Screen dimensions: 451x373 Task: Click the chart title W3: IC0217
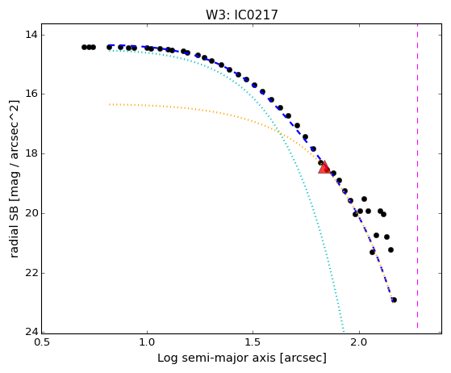click(242, 15)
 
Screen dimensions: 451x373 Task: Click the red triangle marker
click(324, 167)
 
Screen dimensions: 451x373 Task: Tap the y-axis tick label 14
click(31, 35)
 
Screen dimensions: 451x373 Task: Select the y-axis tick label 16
click(31, 94)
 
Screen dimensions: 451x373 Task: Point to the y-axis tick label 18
click(31, 153)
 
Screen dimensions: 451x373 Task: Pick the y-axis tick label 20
click(31, 213)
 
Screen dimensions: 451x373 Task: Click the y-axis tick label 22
click(31, 273)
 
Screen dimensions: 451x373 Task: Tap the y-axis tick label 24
click(31, 332)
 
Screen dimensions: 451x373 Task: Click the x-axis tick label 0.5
click(42, 342)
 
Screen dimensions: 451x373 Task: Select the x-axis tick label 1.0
click(147, 342)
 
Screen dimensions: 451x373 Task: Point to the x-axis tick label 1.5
click(253, 342)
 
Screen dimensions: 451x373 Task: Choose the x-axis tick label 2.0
click(359, 342)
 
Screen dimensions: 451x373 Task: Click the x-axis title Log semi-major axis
click(217, 358)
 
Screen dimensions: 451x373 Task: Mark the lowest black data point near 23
click(394, 300)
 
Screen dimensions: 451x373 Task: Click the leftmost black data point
click(84, 47)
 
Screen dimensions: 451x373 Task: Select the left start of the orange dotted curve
click(110, 104)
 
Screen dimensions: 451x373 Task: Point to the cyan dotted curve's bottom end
click(343, 330)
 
